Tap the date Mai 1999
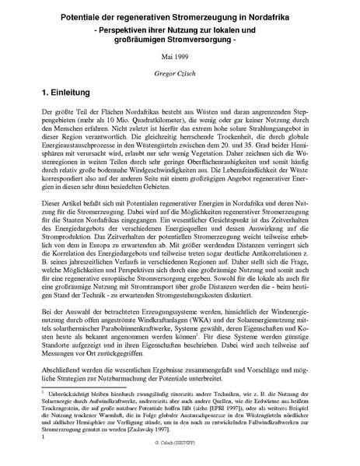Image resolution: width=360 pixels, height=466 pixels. click(180, 58)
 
